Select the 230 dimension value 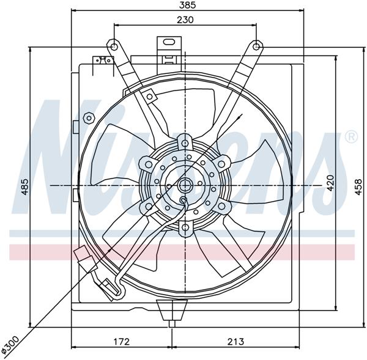186,20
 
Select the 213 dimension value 236,341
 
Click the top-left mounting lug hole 113,45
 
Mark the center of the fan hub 185,185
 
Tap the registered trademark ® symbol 351,137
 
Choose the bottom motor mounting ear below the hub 185,227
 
